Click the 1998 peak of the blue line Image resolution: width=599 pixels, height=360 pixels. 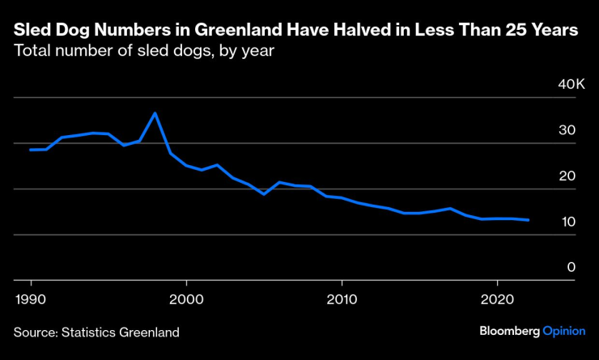155,113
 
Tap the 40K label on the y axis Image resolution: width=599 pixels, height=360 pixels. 560,84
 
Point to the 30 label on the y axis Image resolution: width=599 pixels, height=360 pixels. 566,130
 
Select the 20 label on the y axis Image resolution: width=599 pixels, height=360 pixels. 566,176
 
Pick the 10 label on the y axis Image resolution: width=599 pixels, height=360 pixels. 566,222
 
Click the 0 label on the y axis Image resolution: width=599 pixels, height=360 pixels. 570,267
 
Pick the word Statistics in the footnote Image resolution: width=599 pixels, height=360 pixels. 91,332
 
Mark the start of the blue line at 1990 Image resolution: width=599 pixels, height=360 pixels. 31,150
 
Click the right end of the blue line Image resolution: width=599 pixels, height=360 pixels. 529,220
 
